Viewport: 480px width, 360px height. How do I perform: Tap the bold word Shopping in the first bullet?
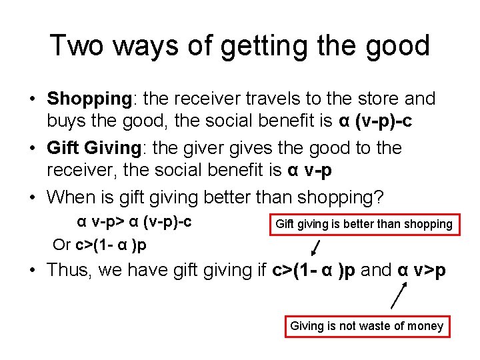click(x=89, y=99)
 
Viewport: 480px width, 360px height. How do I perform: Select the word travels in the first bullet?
click(x=261, y=99)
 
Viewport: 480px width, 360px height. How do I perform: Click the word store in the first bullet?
click(x=372, y=99)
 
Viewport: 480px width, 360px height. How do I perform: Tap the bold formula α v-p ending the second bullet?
click(x=309, y=171)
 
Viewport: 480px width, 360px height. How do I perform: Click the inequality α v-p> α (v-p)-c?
click(x=135, y=221)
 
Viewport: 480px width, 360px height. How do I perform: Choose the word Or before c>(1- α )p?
click(x=62, y=245)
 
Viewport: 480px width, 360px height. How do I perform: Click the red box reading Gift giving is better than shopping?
click(x=364, y=224)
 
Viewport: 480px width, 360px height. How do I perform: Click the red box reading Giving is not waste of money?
click(x=366, y=326)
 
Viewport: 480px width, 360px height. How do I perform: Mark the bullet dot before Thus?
click(x=32, y=271)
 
